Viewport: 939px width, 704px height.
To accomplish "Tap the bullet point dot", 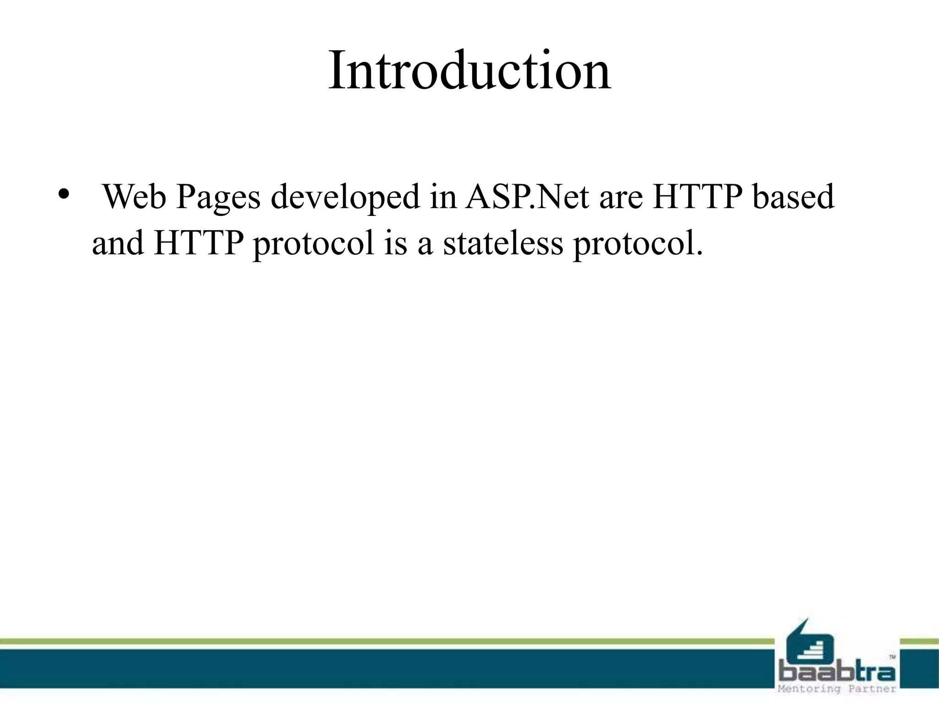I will [63, 193].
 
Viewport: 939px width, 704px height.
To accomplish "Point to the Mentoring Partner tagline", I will [836, 689].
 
